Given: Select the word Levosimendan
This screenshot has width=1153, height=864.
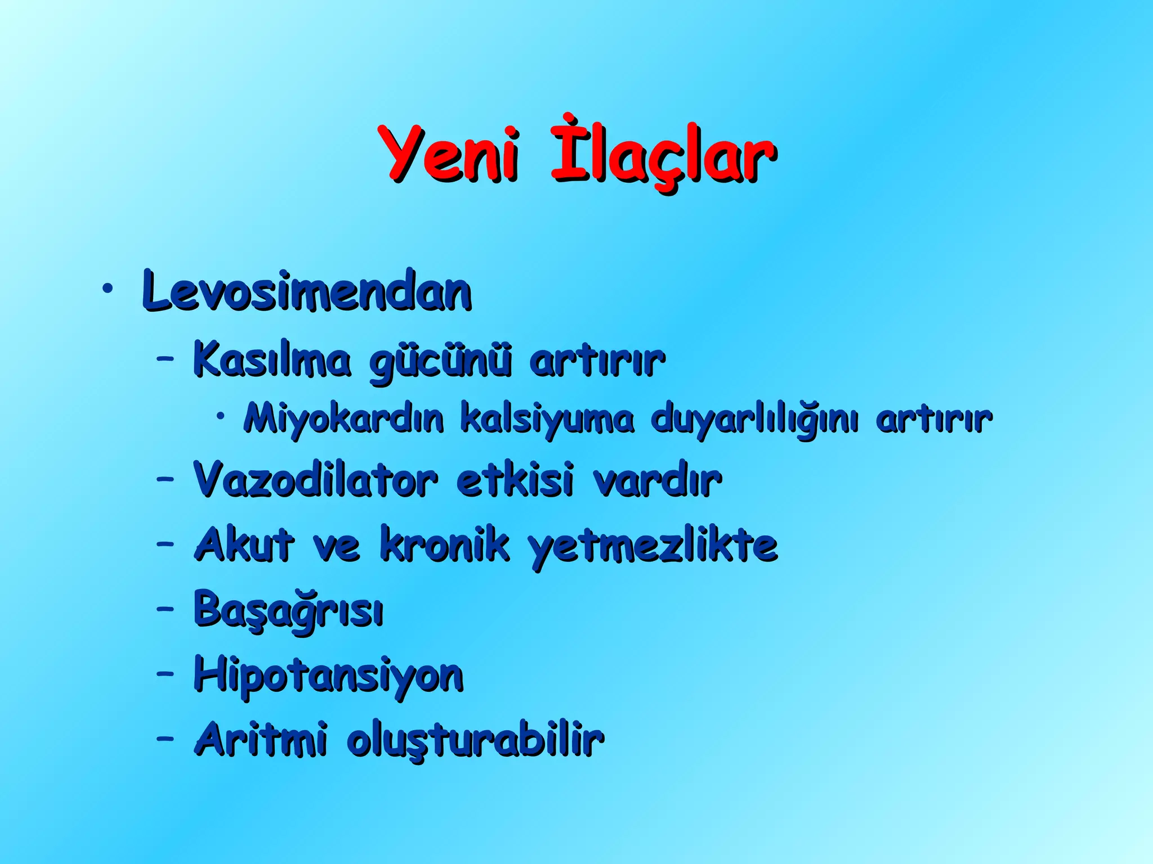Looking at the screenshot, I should coord(307,291).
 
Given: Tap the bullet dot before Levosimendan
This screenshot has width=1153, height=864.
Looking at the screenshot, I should coord(107,289).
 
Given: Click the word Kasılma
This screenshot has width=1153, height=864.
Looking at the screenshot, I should coord(272,360).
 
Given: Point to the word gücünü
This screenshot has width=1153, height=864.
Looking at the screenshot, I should coord(440,363).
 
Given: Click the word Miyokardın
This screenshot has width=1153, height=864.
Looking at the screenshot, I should coord(344,419).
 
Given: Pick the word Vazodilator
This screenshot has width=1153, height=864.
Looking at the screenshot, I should coord(315,480).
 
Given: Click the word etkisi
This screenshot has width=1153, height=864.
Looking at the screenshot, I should coord(515,480).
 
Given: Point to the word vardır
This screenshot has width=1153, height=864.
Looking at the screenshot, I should coord(656,481).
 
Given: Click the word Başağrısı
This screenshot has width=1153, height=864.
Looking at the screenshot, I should coord(288,611).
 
